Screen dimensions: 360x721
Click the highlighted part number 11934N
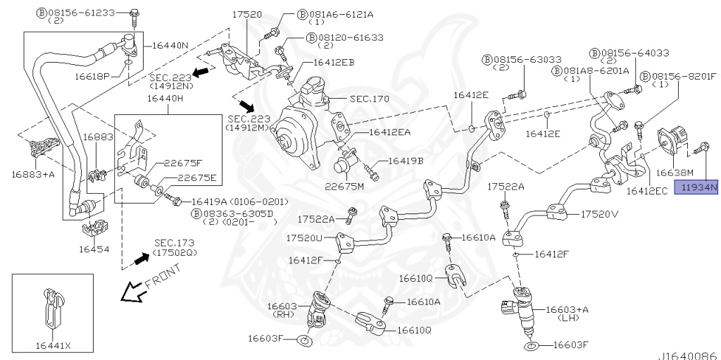click(696, 187)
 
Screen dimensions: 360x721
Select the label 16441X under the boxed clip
click(53, 345)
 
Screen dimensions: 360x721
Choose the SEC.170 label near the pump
click(369, 99)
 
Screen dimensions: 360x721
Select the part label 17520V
click(599, 214)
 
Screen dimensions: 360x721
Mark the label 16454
click(94, 249)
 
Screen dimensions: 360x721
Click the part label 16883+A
click(33, 173)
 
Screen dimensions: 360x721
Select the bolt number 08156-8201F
click(683, 75)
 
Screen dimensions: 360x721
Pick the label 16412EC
click(648, 191)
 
